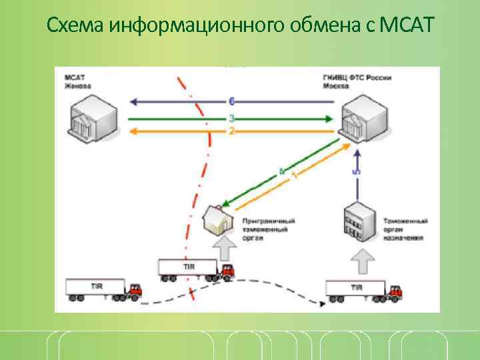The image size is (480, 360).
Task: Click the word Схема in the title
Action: tap(75, 25)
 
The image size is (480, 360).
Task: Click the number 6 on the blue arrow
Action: tap(231, 101)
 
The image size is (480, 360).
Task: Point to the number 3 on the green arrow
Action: tap(231, 117)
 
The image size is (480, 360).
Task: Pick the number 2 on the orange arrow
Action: tap(231, 131)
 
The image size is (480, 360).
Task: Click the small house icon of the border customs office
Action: tap(219, 219)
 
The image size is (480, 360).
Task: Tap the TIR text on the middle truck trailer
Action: tap(189, 267)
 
